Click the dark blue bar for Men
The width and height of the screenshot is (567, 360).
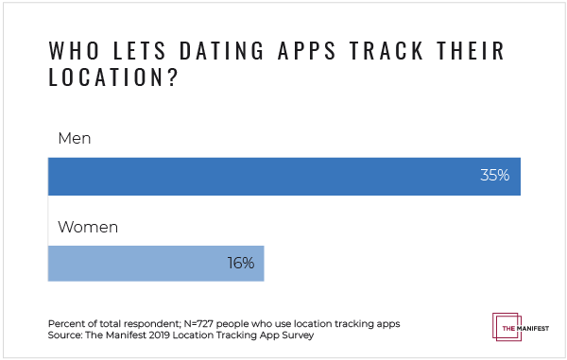point(283,175)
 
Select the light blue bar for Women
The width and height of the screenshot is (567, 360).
point(156,264)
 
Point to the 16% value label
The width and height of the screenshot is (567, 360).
point(240,264)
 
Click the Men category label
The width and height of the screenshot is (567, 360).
point(74,139)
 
